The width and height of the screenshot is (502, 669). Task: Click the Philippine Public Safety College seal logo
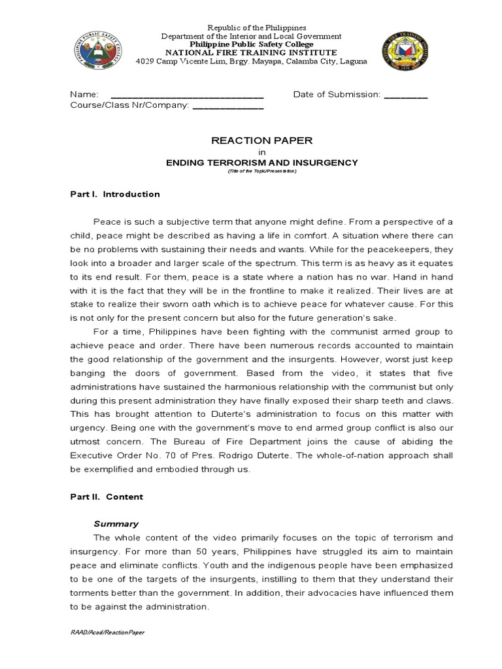[98, 53]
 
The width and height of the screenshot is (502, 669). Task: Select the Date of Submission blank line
[405, 95]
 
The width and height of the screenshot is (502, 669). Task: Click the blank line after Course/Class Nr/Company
[227, 106]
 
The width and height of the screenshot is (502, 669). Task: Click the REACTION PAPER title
[252, 140]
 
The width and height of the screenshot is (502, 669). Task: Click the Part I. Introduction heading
[115, 194]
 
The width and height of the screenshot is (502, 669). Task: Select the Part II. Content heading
[107, 497]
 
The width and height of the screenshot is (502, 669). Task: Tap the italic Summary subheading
[116, 523]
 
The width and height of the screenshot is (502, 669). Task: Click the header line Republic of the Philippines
[256, 27]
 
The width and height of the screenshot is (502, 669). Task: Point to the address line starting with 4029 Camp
[251, 61]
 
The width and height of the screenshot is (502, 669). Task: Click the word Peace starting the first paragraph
[107, 221]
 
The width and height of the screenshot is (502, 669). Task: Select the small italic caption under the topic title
[252, 171]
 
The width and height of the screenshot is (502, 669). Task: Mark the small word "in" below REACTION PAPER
[252, 152]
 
